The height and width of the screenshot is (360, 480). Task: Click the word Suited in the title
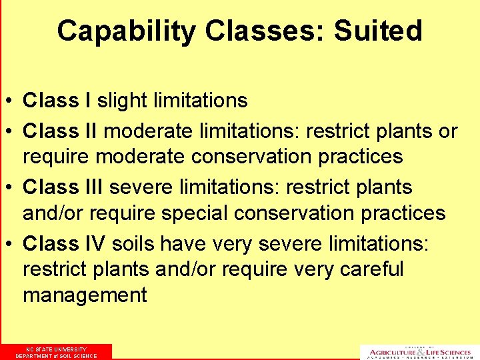point(378,31)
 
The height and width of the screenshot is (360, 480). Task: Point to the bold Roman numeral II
point(91,131)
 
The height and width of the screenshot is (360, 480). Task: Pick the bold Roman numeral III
point(93,187)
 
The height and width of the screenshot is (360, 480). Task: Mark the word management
point(85,295)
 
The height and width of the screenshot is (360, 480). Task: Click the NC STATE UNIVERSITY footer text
point(56,349)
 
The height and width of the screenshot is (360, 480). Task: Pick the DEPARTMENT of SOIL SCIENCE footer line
point(56,356)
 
